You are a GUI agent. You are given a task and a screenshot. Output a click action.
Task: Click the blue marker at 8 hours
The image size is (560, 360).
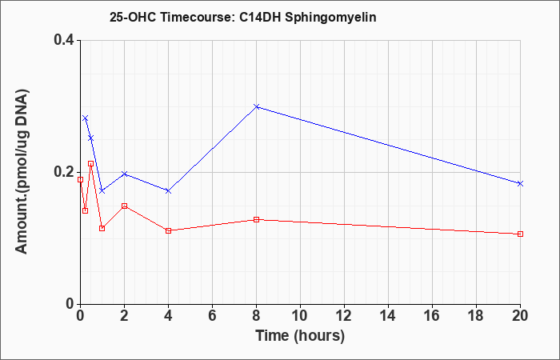[256, 106]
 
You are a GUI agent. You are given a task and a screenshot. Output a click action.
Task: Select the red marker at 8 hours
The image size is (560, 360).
[256, 219]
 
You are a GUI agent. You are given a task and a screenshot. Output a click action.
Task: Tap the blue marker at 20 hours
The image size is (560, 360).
[520, 183]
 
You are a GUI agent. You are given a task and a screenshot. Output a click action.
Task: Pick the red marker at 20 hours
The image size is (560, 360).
[520, 234]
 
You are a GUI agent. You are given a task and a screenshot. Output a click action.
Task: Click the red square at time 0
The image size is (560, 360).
[80, 180]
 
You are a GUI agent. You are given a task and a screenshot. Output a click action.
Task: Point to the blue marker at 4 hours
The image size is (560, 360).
[168, 191]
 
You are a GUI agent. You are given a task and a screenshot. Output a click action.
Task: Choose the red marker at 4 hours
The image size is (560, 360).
[168, 230]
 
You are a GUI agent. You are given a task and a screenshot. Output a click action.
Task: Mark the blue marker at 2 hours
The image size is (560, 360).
[124, 174]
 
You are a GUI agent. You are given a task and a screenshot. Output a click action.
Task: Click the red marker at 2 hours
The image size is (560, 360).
[124, 206]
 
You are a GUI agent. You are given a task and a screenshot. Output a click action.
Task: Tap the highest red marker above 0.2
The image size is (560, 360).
[90, 163]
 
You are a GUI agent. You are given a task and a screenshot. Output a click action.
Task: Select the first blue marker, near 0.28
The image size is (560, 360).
[85, 118]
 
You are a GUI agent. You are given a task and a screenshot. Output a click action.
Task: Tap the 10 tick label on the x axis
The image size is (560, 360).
[300, 316]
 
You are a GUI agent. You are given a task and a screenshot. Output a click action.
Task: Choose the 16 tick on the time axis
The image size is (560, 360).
[432, 316]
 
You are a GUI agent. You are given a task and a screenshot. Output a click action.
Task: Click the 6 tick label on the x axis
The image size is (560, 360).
[212, 316]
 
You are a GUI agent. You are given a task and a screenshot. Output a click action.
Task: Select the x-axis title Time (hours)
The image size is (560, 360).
[300, 336]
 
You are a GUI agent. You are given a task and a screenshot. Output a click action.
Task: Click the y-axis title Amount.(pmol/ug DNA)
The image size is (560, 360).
[22, 172]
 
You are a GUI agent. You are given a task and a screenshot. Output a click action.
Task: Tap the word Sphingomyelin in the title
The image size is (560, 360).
[330, 18]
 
